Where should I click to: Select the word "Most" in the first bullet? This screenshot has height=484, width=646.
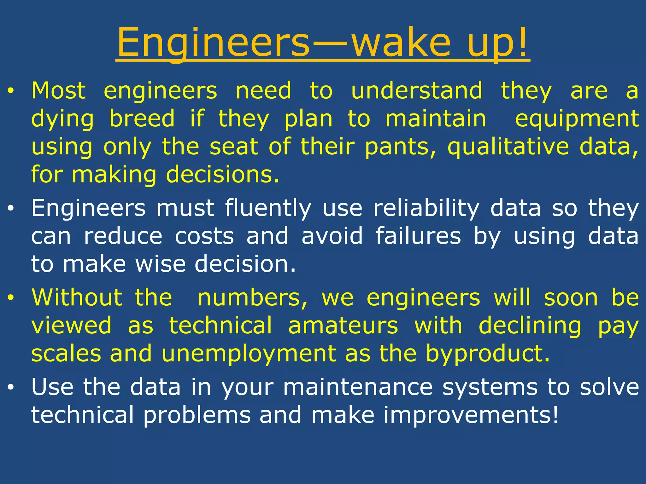click(x=59, y=91)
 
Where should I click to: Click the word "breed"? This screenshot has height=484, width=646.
click(x=142, y=119)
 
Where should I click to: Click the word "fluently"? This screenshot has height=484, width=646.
click(x=268, y=209)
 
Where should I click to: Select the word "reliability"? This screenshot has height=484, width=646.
click(x=426, y=209)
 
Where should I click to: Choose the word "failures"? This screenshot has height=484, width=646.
click(x=418, y=236)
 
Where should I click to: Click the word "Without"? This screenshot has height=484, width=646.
click(x=77, y=297)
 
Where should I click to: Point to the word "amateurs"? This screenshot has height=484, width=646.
click(x=343, y=326)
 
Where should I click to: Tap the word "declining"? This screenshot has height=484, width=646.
click(x=530, y=326)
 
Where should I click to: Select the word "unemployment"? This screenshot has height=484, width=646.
click(x=249, y=354)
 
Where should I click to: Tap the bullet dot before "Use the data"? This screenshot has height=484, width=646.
click(x=11, y=388)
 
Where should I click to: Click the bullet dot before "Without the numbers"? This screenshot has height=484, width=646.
click(x=11, y=298)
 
